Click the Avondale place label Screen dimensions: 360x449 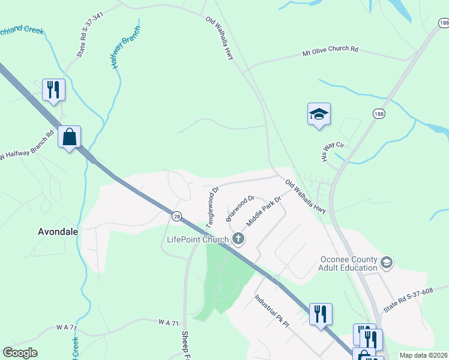(58, 231)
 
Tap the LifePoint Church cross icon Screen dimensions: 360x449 (238, 239)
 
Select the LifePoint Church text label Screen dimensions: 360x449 (197, 240)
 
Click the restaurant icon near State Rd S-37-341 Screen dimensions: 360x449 (53, 90)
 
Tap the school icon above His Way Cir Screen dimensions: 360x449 (319, 114)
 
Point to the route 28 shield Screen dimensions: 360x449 (176, 215)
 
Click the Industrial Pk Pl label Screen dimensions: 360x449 (271, 310)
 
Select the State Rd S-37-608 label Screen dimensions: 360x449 (408, 299)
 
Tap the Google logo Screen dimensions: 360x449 (20, 353)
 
